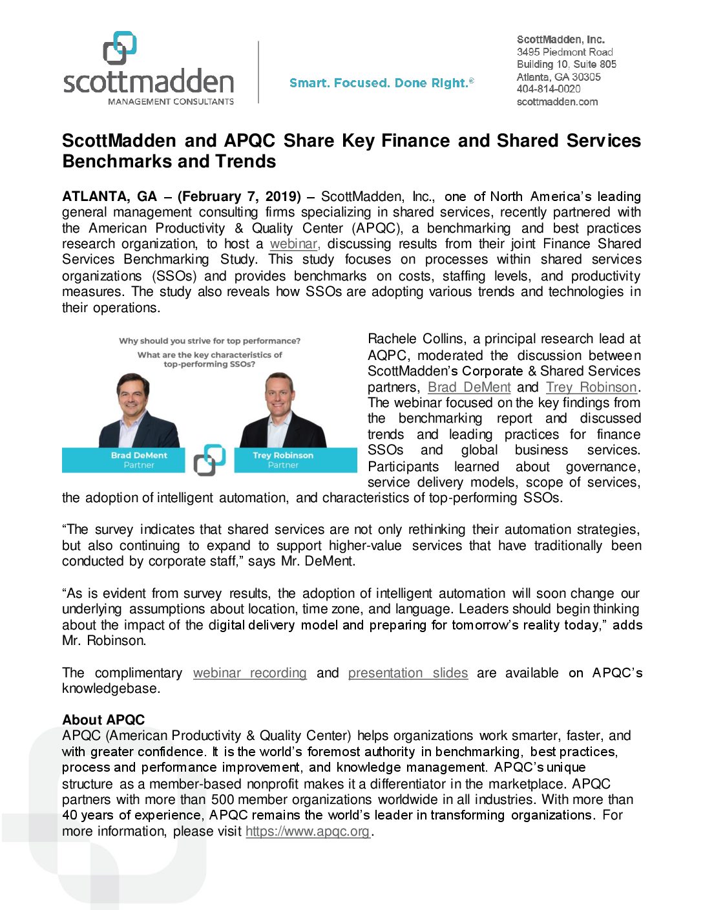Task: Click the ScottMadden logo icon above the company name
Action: point(120,48)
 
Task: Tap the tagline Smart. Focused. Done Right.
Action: point(381,83)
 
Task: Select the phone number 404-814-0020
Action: point(548,89)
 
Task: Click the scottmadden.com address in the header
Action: point(557,101)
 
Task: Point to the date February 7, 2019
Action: point(239,196)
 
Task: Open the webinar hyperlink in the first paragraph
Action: point(294,244)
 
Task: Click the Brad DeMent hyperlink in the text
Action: point(469,387)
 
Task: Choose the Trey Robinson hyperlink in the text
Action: point(591,387)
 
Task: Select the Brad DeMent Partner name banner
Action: point(124,460)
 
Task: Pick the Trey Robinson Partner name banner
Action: point(295,460)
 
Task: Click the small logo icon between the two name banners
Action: point(209,460)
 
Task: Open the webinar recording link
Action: point(249,673)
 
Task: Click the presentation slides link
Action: point(408,673)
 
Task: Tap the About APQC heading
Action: point(103,720)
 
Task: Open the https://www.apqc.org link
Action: point(308,831)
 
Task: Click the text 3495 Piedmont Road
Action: point(564,52)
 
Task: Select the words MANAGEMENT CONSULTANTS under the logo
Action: point(171,101)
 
